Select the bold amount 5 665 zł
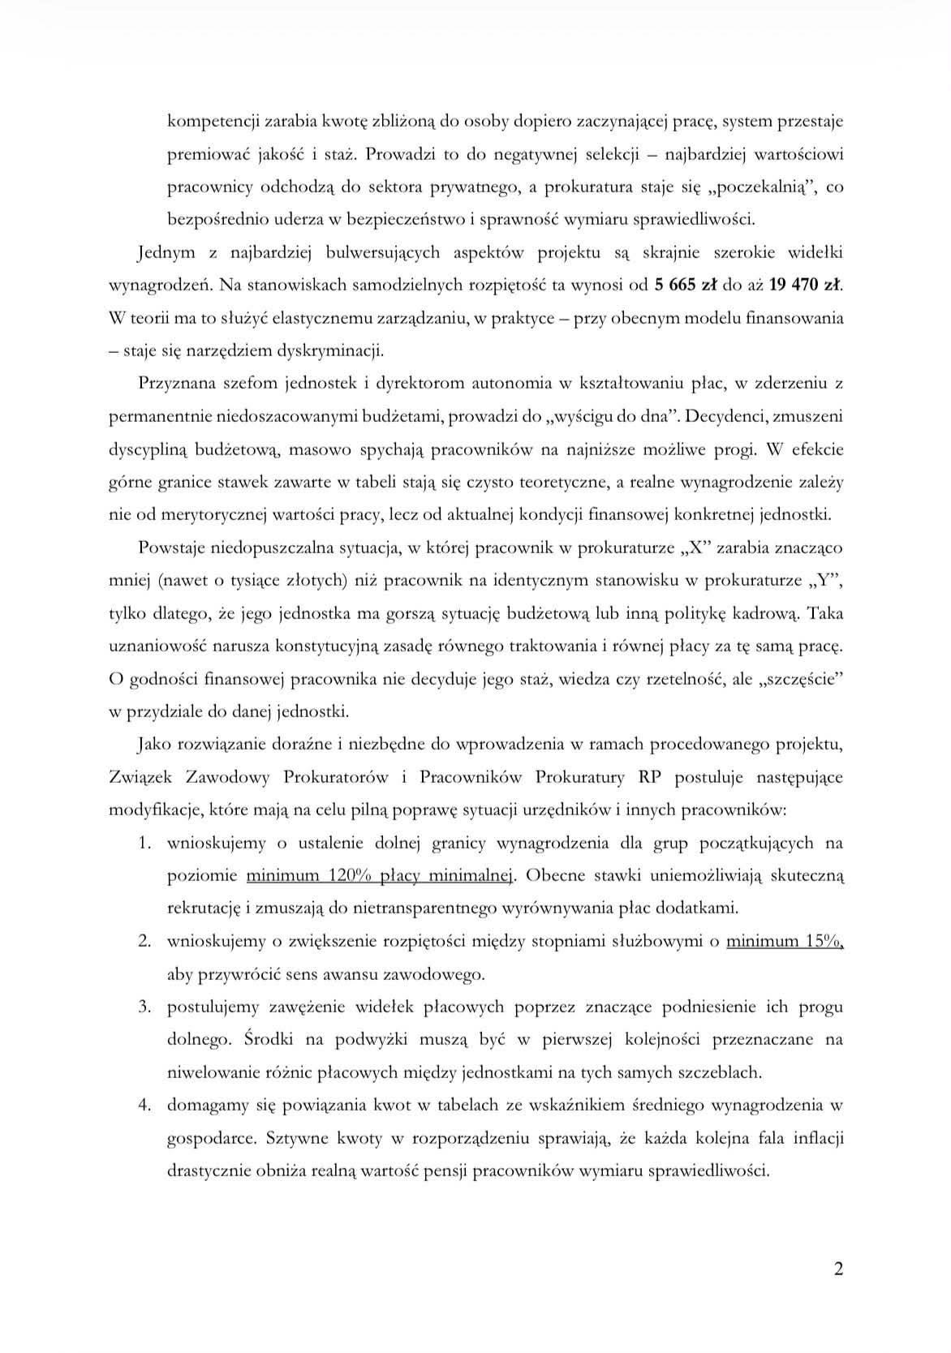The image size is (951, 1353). tap(691, 285)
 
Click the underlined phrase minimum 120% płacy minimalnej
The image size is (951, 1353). tap(381, 875)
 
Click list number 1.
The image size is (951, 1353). tap(145, 843)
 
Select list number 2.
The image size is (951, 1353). tap(145, 941)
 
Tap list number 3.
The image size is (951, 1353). tap(145, 1007)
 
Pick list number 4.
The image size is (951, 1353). tap(145, 1105)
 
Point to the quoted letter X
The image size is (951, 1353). tap(695, 547)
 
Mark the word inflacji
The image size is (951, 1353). tap(815, 1137)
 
